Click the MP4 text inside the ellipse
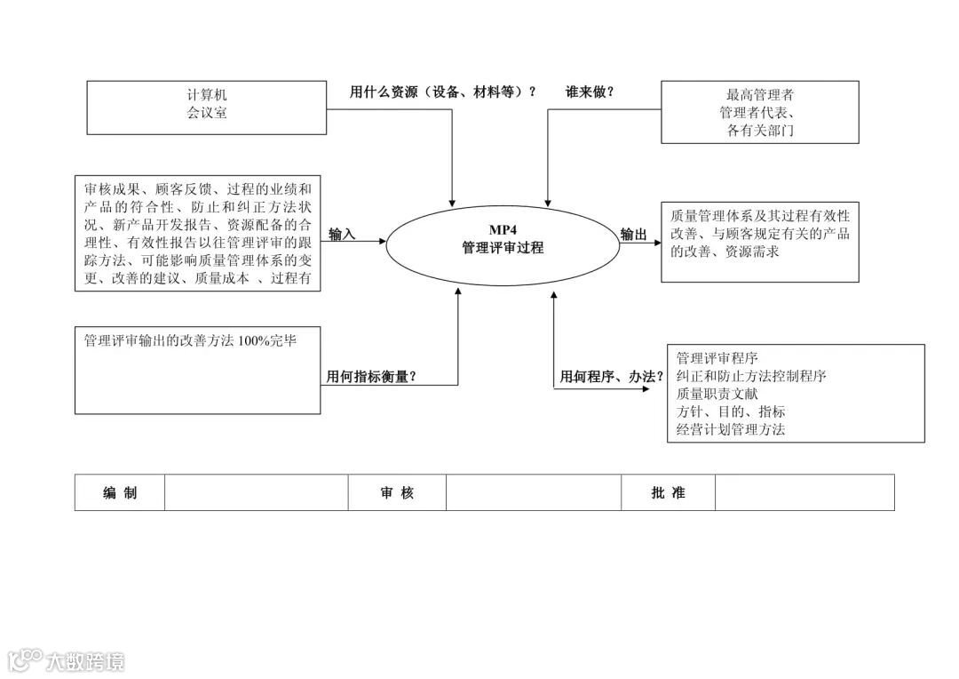coord(503,230)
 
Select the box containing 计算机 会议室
coord(206,108)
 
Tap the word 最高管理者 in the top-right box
coord(759,94)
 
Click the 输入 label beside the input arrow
coord(342,235)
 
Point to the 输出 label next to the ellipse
coord(633,235)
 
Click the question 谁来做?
coord(590,92)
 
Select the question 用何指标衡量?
coord(371,377)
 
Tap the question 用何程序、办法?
coord(611,377)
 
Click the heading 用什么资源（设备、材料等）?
coord(443,92)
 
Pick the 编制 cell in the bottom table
coord(120,492)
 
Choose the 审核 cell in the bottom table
coord(397,492)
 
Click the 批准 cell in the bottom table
coord(668,492)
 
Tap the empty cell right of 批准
coord(804,492)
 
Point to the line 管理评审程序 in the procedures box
coord(717,358)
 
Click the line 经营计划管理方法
coord(731,429)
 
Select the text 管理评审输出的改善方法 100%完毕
coord(190,340)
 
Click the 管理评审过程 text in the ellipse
coord(503,248)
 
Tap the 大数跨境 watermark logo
coord(67,660)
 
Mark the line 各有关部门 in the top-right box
coord(759,131)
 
